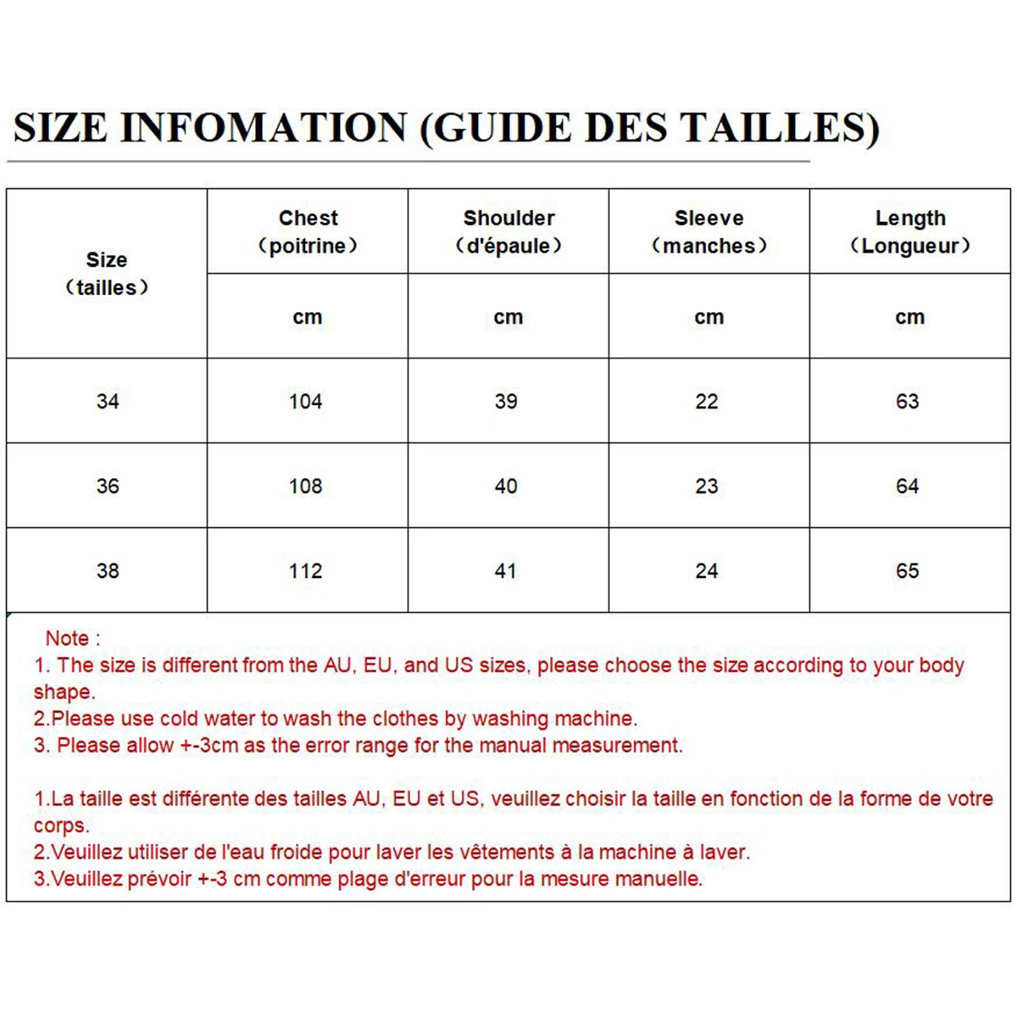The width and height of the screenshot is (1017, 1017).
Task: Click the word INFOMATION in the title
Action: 264,128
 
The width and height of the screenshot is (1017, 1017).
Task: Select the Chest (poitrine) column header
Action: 308,231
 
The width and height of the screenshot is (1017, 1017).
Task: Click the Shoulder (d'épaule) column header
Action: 508,231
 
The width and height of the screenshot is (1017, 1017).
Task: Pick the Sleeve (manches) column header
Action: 709,231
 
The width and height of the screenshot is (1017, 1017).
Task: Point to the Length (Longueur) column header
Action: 910,231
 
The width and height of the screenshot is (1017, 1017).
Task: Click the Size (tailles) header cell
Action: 107,273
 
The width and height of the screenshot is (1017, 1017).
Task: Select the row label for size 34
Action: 108,401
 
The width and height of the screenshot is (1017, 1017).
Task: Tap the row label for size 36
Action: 108,486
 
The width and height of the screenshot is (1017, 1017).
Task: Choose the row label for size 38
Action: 108,570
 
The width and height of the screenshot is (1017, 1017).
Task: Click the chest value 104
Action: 306,401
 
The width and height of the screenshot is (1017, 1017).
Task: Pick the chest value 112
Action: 306,570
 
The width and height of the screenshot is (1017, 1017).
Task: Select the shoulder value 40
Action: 506,486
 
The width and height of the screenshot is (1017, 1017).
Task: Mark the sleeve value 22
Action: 707,401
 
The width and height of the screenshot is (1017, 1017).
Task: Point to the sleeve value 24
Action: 707,570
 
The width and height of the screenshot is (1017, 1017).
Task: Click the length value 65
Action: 908,570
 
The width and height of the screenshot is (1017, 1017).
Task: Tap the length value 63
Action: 908,401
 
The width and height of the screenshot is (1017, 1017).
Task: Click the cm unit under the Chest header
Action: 308,317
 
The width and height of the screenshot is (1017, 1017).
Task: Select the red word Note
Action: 67,638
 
